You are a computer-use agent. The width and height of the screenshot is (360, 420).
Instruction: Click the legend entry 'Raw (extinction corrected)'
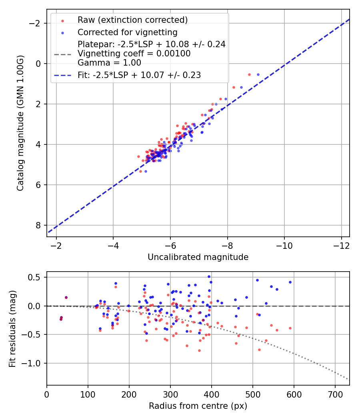tap(132, 20)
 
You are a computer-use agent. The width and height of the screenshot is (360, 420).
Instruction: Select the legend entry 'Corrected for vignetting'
tap(127, 32)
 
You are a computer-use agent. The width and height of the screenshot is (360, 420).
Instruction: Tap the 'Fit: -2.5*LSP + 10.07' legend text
tap(139, 75)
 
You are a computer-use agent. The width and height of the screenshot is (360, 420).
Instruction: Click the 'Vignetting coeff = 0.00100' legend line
tap(134, 54)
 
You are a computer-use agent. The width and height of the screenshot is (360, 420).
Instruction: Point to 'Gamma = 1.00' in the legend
tap(109, 63)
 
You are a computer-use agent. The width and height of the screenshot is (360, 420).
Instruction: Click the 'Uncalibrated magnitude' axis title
tap(198, 257)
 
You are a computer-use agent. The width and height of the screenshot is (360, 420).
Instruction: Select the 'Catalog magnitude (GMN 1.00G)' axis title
tap(20, 123)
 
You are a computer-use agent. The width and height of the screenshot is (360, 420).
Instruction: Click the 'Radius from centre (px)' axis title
tap(198, 406)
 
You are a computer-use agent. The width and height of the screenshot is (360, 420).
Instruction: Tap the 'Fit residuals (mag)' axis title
tap(12, 328)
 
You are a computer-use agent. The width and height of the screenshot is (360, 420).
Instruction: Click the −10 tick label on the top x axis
tap(284, 245)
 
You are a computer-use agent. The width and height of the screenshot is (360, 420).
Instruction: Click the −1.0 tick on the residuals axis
tap(34, 363)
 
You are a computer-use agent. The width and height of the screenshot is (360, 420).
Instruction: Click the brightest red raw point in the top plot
tap(249, 74)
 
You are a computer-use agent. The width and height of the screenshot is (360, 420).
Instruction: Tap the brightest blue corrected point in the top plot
tap(258, 74)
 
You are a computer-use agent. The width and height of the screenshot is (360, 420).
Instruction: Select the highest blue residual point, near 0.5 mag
tap(209, 276)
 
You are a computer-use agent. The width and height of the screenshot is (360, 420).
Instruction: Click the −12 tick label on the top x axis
tap(341, 245)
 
